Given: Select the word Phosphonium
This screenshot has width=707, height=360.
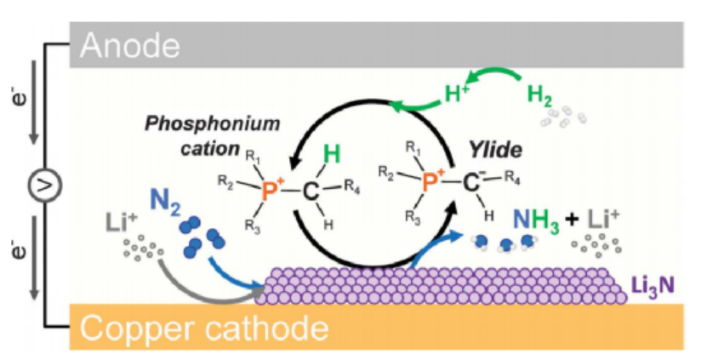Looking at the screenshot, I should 223,123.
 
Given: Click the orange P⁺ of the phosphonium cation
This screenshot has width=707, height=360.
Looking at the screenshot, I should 270,191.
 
